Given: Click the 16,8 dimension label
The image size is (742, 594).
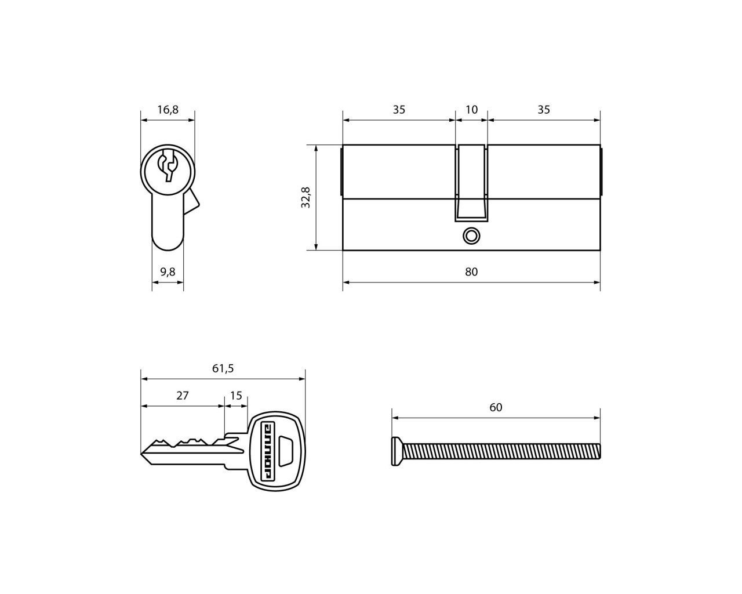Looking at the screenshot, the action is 168,110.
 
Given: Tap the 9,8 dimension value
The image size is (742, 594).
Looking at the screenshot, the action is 168,272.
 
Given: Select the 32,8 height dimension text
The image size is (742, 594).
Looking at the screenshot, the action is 306,197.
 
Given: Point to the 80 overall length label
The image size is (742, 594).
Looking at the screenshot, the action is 471,272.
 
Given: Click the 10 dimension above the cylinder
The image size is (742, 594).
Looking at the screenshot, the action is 471,110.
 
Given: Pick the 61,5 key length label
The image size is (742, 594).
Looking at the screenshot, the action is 223,368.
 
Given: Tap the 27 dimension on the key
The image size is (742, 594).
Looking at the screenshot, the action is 183,396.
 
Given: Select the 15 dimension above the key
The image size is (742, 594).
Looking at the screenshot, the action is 236,396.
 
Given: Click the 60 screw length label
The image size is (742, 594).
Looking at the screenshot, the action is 496,408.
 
